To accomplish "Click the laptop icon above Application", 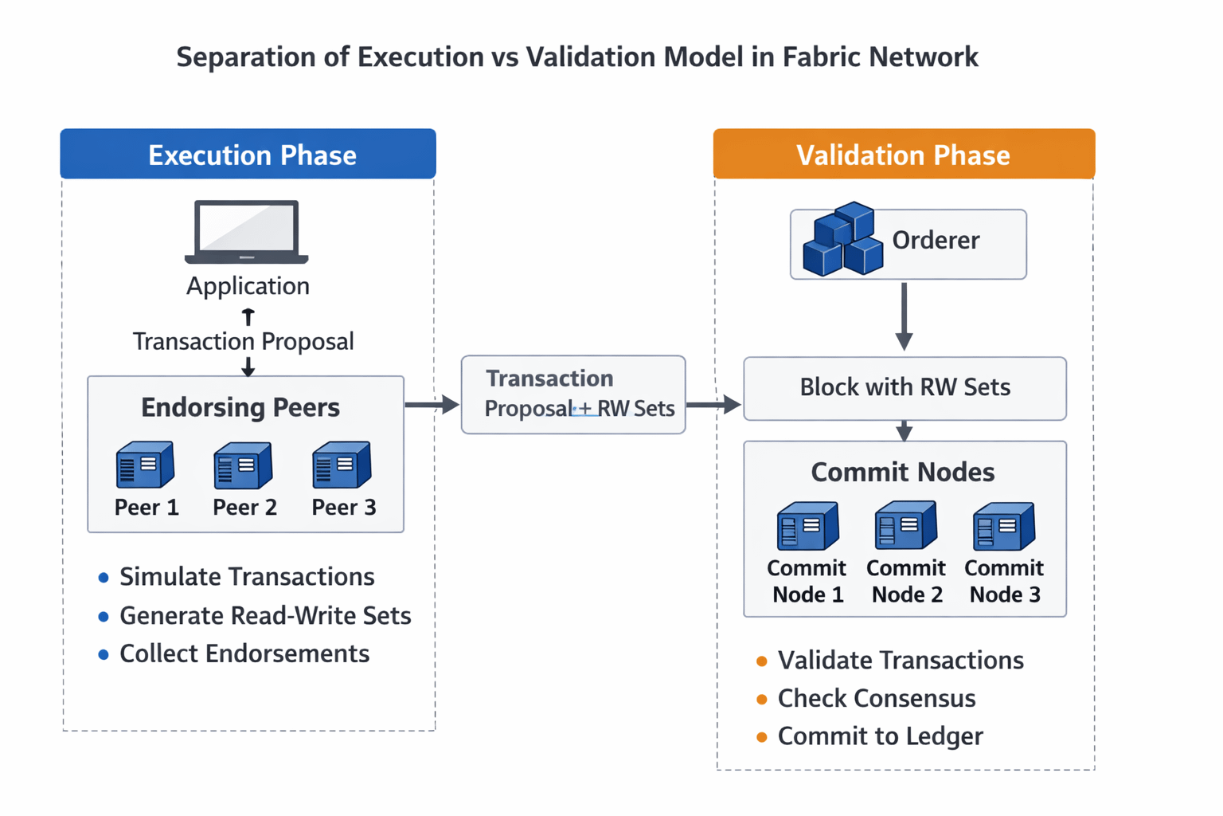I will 247,231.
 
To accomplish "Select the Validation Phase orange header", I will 904,155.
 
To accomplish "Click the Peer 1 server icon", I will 145,465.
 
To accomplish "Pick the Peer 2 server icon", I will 243,465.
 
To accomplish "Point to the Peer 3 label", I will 344,508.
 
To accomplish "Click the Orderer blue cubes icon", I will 842,239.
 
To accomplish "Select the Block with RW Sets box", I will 905,388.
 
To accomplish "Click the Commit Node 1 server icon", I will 807,527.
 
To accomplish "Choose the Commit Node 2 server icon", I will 905,526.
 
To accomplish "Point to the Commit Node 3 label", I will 1004,581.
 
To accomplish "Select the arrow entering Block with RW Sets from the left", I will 713,405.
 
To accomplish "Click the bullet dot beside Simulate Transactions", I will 104,578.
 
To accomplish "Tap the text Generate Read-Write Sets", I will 265,616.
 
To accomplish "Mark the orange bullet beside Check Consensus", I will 762,700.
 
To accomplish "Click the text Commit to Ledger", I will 880,736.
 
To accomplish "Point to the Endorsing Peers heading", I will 240,408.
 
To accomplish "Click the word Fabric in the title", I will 822,57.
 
